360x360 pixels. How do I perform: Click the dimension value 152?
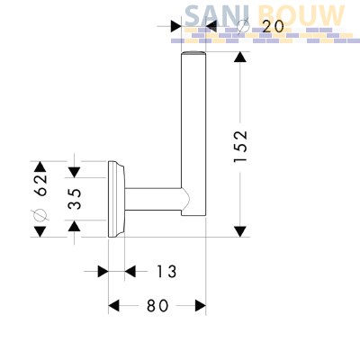(x=240, y=146)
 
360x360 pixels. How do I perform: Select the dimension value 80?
(x=157, y=306)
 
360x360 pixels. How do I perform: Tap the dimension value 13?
(x=166, y=272)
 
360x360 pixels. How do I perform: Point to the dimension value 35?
(x=74, y=199)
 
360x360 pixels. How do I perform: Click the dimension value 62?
(x=40, y=184)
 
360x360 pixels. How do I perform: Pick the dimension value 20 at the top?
(x=273, y=27)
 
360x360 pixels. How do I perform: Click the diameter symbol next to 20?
(x=243, y=26)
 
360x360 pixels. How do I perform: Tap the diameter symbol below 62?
(x=40, y=214)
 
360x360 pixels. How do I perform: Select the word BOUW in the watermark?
(x=301, y=15)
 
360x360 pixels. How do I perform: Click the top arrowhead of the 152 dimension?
(x=240, y=57)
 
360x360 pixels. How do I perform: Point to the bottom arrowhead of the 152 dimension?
(x=240, y=231)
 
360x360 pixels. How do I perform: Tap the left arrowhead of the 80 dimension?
(x=113, y=306)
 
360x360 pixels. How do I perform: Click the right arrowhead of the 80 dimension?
(x=201, y=306)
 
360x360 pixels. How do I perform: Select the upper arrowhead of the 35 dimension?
(x=74, y=172)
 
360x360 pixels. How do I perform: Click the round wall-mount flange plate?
(x=116, y=199)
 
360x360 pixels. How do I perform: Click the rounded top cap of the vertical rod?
(x=193, y=53)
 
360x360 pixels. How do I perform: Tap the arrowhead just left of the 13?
(x=103, y=272)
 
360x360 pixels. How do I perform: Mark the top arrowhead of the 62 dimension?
(x=40, y=166)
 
